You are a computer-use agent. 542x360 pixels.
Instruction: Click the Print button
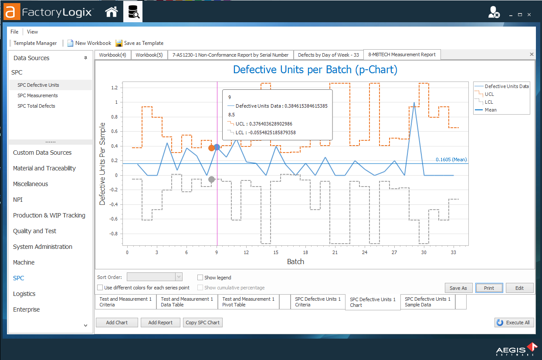click(489, 288)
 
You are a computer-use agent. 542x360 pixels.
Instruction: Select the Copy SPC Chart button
click(203, 323)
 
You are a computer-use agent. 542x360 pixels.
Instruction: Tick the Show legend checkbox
click(200, 278)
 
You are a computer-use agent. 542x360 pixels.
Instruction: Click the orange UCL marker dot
click(212, 148)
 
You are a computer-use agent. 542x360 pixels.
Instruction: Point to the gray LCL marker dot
click(212, 180)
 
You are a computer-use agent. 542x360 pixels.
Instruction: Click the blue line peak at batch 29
click(414, 103)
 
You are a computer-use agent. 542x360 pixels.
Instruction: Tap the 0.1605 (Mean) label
click(451, 160)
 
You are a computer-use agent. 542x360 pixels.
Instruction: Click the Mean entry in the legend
click(491, 110)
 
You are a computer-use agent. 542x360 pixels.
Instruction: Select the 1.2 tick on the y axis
click(114, 88)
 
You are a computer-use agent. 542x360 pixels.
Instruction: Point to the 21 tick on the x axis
click(335, 252)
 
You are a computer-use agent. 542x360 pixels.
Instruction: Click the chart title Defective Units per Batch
click(315, 70)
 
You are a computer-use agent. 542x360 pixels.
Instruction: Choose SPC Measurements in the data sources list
click(37, 95)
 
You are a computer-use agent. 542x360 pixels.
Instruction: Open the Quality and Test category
click(34, 231)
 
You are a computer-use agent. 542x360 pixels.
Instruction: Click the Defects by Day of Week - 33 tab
click(328, 55)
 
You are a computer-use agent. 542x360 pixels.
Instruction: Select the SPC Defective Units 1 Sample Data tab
click(427, 302)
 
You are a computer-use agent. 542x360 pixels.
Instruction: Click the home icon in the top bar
click(112, 12)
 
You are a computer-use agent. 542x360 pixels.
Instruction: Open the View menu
click(32, 32)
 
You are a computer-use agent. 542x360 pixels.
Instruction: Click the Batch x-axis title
click(295, 262)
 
